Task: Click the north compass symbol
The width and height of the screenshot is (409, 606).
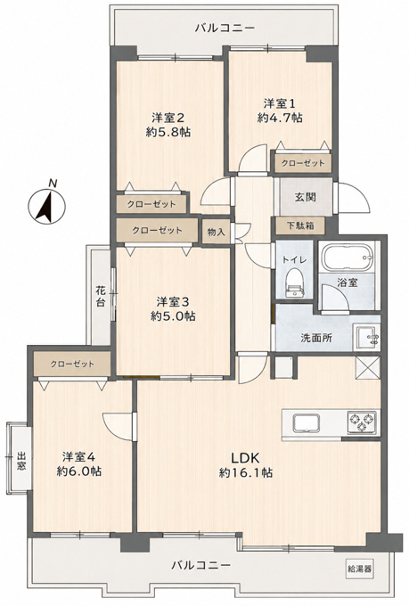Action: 46,204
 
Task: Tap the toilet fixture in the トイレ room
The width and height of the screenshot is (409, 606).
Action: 295,283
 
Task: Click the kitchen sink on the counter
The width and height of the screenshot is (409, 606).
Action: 307,423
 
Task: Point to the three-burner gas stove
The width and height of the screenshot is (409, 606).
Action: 362,422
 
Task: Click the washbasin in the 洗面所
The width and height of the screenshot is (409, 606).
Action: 366,338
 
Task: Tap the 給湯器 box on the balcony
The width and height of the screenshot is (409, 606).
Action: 359,569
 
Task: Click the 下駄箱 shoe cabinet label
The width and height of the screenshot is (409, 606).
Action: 300,225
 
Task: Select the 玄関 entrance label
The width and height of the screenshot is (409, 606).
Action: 306,197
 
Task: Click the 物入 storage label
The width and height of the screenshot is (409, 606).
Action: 217,233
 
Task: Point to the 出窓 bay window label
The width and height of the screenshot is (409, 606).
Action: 21,461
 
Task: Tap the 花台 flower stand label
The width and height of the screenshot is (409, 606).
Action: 101,296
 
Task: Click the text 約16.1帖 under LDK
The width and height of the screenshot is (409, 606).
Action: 246,472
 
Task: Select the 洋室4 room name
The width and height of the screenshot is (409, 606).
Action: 79,457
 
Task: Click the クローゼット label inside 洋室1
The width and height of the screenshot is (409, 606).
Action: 303,163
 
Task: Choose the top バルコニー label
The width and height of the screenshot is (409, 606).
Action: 225,28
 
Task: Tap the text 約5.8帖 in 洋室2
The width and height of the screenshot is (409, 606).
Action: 168,132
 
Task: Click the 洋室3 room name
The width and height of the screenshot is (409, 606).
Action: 173,301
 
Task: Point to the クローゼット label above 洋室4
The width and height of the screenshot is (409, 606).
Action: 72,364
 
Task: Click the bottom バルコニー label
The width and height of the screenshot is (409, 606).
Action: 201,565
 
